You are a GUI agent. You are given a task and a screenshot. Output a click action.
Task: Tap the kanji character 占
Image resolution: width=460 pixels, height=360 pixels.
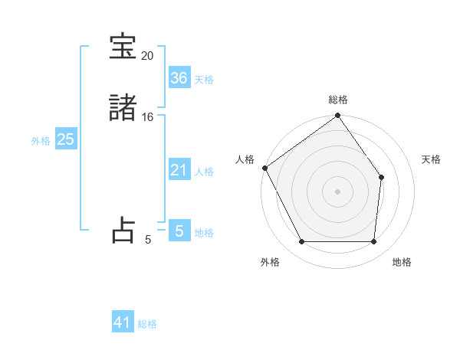tap(123, 231)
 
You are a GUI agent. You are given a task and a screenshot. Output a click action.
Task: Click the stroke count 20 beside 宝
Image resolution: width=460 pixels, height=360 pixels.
tap(147, 56)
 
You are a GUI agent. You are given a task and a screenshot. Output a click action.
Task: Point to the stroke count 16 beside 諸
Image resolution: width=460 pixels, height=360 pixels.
tap(148, 117)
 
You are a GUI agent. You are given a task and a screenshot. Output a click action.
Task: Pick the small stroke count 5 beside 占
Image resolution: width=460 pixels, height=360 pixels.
tap(148, 240)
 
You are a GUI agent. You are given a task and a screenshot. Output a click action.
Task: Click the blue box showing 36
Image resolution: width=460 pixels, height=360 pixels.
tap(179, 78)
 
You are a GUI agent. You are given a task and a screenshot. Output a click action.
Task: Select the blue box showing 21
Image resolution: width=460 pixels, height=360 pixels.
tap(179, 170)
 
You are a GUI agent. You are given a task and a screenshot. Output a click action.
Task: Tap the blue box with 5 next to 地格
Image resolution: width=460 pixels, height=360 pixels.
tap(179, 231)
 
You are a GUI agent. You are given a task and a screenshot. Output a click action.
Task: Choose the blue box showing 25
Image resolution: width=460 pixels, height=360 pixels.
tap(65, 139)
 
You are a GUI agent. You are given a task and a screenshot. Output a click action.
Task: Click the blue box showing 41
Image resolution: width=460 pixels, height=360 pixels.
tap(123, 322)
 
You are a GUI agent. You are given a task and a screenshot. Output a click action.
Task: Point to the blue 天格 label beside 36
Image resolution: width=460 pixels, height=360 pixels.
tap(204, 80)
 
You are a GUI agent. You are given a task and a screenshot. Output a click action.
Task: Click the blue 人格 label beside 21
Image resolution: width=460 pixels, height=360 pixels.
tap(204, 172)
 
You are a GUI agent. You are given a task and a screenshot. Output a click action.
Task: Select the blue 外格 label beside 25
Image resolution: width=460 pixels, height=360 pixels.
tap(41, 141)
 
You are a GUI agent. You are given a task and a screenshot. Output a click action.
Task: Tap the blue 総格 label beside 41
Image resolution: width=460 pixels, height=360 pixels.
tap(147, 324)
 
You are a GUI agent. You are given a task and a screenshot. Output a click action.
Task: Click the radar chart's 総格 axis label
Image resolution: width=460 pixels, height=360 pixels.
tap(338, 100)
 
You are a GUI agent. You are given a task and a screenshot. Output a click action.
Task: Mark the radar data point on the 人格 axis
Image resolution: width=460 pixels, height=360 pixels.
tap(264, 168)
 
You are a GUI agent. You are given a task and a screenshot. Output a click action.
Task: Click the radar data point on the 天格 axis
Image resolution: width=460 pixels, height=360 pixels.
tap(382, 178)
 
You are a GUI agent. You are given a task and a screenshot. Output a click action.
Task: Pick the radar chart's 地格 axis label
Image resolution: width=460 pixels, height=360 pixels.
tap(402, 262)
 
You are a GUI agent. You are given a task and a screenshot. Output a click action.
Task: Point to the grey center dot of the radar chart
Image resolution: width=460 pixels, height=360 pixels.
tap(338, 191)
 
